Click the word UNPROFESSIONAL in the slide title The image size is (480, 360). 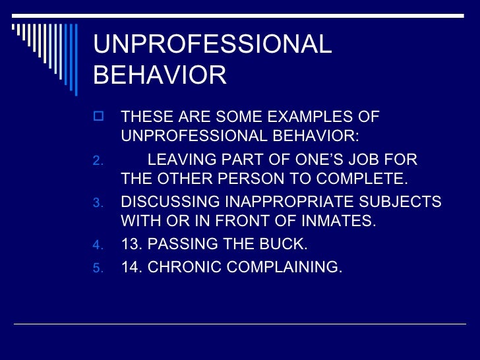(212, 45)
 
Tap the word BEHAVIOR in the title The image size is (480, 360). (160, 75)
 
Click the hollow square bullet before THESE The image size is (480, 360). (99, 117)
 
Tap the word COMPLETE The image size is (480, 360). (362, 179)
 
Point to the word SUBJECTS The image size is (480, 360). (408, 202)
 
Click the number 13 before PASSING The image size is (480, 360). (131, 245)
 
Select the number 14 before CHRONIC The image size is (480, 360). (131, 268)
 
